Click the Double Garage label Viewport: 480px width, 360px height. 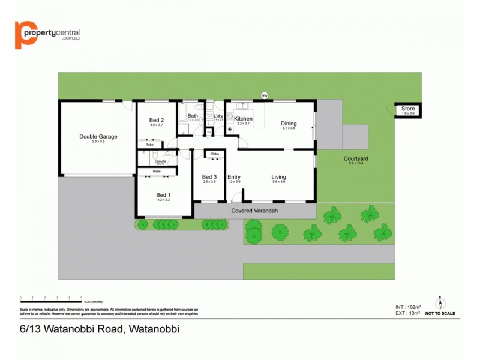98,136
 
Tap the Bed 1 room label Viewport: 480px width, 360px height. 164,194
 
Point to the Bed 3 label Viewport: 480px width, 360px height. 209,176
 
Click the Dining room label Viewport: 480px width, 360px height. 289,124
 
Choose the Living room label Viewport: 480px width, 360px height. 278,177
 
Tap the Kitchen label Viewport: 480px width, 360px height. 243,119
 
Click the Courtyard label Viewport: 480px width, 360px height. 356,158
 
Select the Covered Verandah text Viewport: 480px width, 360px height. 254,211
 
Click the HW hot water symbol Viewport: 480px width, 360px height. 264,95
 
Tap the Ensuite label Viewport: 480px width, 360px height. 161,161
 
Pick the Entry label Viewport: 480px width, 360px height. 234,177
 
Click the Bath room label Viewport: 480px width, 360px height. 193,116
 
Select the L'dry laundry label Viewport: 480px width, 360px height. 218,116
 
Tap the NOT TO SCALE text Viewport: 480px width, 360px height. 440,313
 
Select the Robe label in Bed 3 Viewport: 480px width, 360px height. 215,154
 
